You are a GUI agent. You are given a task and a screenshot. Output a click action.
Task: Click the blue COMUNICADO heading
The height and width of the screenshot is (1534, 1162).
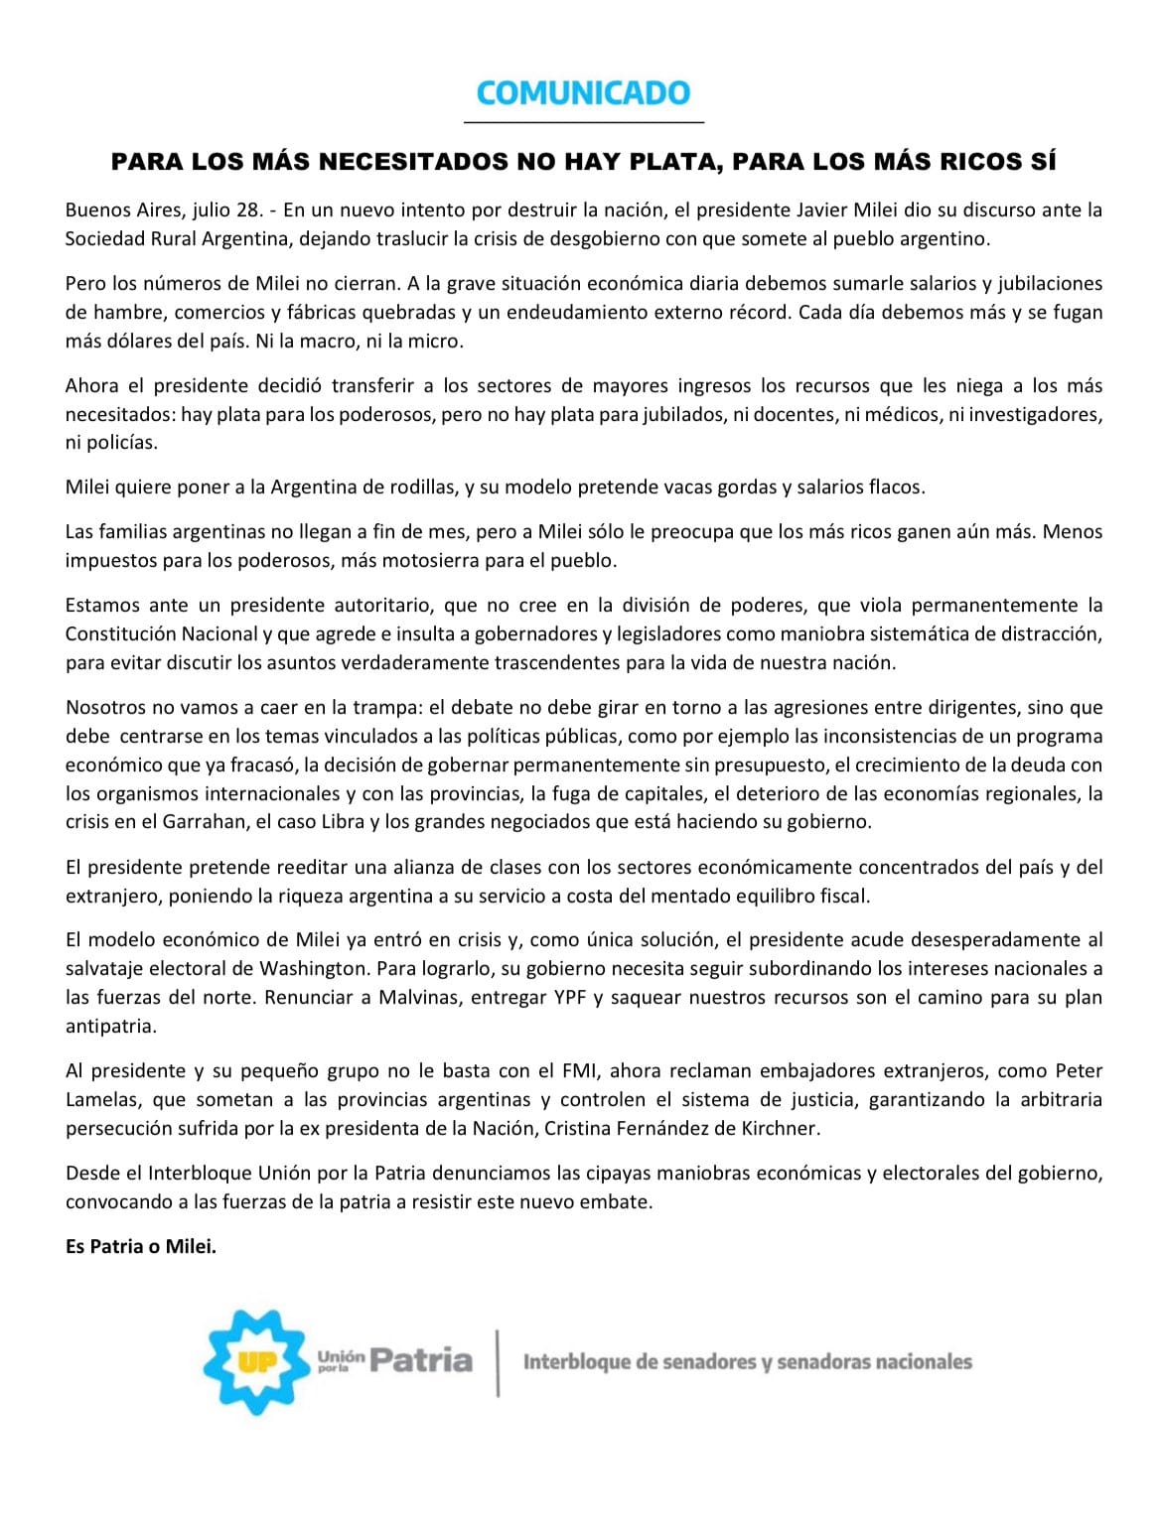(583, 93)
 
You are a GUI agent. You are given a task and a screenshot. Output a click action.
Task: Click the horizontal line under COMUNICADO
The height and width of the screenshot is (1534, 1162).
(583, 122)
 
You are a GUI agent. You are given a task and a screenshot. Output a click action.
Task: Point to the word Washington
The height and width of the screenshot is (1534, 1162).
(312, 968)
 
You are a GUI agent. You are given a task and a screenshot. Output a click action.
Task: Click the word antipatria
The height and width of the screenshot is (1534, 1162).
(110, 1026)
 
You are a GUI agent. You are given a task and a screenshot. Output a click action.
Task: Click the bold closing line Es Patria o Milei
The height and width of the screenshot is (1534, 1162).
(141, 1246)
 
